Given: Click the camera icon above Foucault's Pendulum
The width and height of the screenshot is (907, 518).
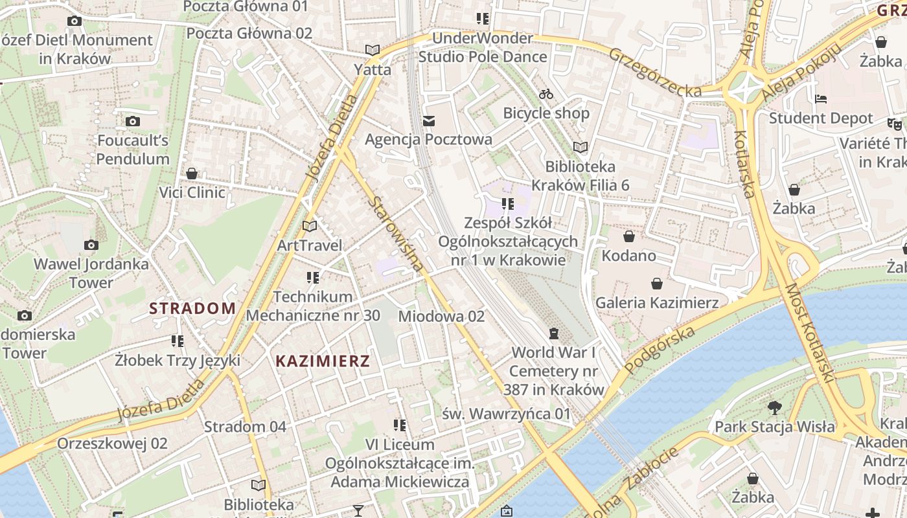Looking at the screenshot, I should (133, 121).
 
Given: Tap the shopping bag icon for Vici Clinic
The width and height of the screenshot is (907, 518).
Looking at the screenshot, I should (192, 174).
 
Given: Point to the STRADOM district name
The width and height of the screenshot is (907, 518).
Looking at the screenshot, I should (192, 308).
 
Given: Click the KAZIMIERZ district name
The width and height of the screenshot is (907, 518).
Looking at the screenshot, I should (323, 361).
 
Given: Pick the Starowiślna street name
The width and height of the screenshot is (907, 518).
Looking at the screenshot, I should (395, 234).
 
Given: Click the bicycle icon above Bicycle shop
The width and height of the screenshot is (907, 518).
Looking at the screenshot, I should (546, 95).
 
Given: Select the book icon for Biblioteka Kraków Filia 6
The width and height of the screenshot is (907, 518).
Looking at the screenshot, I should (580, 148).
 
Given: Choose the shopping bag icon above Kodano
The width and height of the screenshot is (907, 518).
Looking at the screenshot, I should (628, 236).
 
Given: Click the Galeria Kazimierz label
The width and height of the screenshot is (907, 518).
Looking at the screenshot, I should (657, 302).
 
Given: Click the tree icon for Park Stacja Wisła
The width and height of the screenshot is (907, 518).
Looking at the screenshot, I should (774, 408).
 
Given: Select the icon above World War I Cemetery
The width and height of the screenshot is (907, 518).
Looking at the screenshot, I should (553, 333).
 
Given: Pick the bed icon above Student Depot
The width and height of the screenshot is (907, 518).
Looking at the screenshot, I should (821, 99).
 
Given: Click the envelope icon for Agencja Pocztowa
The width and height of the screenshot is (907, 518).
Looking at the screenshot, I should (428, 120).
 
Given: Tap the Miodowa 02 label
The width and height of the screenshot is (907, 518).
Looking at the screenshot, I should (441, 316).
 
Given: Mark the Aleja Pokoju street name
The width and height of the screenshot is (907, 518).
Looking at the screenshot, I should (801, 72).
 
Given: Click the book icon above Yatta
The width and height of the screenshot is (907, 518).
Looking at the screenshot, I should (372, 50).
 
